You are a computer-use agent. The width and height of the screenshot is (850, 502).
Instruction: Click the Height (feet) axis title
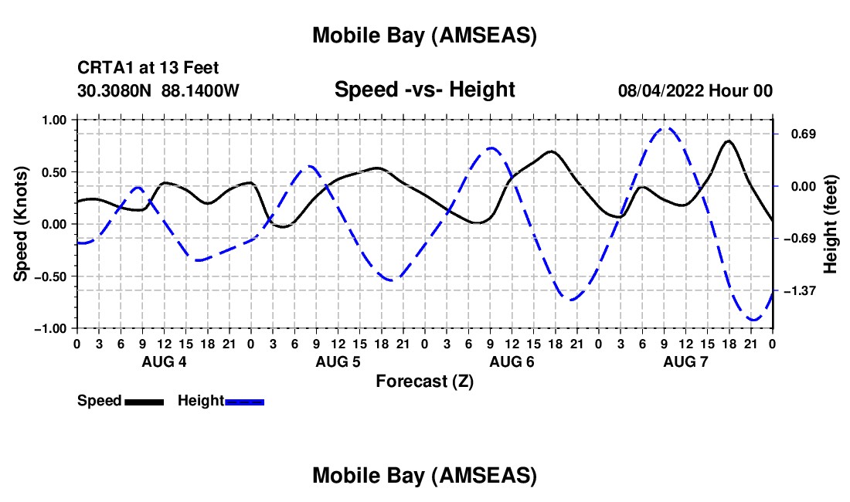point(831,224)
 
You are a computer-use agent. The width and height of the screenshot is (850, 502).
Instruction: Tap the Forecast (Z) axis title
point(424,381)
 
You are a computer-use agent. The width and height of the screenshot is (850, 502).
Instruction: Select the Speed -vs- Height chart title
point(424,90)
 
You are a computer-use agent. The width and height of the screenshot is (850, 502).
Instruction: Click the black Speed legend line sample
point(143,401)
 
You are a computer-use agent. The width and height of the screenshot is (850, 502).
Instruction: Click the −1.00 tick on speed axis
point(53,328)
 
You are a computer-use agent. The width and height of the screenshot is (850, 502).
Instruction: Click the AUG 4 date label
point(164,362)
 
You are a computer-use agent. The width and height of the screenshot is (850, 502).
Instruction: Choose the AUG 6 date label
point(512,362)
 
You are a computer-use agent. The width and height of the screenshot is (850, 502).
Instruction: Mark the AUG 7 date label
point(685,362)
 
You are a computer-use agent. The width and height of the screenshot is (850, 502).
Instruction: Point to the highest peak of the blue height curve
point(666,128)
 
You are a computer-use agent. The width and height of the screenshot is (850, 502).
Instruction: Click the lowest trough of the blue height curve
point(753,320)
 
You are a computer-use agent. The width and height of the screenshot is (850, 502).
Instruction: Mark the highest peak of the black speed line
point(728,141)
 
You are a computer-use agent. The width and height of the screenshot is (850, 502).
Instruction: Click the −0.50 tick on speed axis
point(53,276)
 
